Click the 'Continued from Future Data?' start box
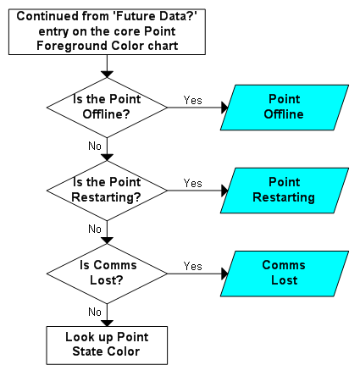[107, 32]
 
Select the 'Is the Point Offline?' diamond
[107, 108]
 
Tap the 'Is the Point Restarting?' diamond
[107, 191]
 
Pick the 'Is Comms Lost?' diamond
[107, 274]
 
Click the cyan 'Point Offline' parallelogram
[285, 108]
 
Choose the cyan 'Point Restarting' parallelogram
[285, 191]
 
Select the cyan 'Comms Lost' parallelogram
[285, 274]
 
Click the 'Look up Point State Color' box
[107, 346]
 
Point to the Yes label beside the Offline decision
[193, 100]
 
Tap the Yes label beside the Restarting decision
[193, 183]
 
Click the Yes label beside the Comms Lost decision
[193, 266]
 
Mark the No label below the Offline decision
[95, 146]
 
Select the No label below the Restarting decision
[95, 229]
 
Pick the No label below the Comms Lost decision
[95, 312]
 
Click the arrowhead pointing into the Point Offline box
[224, 108]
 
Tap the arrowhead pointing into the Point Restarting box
[224, 191]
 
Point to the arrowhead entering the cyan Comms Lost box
[224, 274]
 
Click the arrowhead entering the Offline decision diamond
[107, 75]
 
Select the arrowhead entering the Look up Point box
[107, 323]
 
